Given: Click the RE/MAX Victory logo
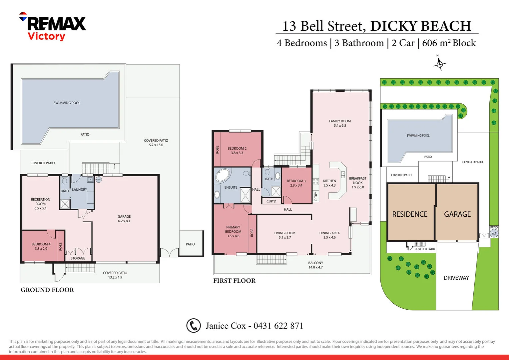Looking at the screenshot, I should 53,26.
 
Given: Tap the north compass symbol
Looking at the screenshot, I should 439,64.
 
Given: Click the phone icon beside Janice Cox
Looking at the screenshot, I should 193,326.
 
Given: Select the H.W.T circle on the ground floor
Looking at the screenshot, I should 99,180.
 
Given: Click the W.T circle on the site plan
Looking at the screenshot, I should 494,233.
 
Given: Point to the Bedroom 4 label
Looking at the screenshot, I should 41,246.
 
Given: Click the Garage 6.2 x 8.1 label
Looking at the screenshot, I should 124,219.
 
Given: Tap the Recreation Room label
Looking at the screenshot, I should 40,204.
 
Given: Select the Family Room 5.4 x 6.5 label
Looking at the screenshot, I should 340,123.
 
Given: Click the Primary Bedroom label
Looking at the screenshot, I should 233,231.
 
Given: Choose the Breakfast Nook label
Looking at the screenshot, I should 357,183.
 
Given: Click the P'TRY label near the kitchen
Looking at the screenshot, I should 316,196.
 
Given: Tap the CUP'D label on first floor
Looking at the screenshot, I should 271,201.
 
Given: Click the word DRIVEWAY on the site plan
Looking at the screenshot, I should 456,278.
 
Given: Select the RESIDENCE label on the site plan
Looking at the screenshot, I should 409,214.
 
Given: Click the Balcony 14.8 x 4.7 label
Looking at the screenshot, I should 315,265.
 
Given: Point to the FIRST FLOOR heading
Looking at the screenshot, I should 234,281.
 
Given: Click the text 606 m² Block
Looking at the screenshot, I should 449,43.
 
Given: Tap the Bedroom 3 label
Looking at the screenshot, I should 296,183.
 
